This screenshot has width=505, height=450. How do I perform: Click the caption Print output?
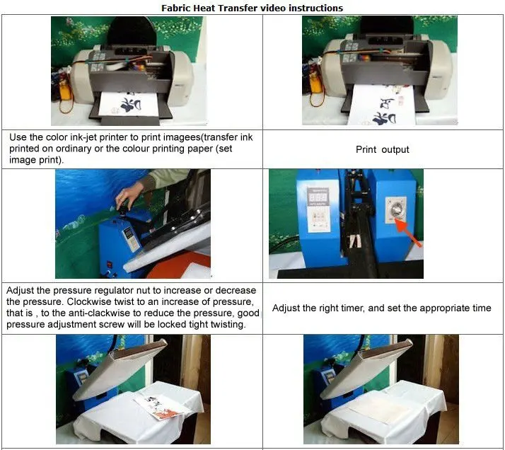pos(383,149)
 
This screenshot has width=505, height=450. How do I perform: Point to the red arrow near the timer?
pos(407,232)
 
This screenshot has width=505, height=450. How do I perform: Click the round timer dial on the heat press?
pos(395,210)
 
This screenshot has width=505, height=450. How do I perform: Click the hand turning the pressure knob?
pos(129,195)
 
